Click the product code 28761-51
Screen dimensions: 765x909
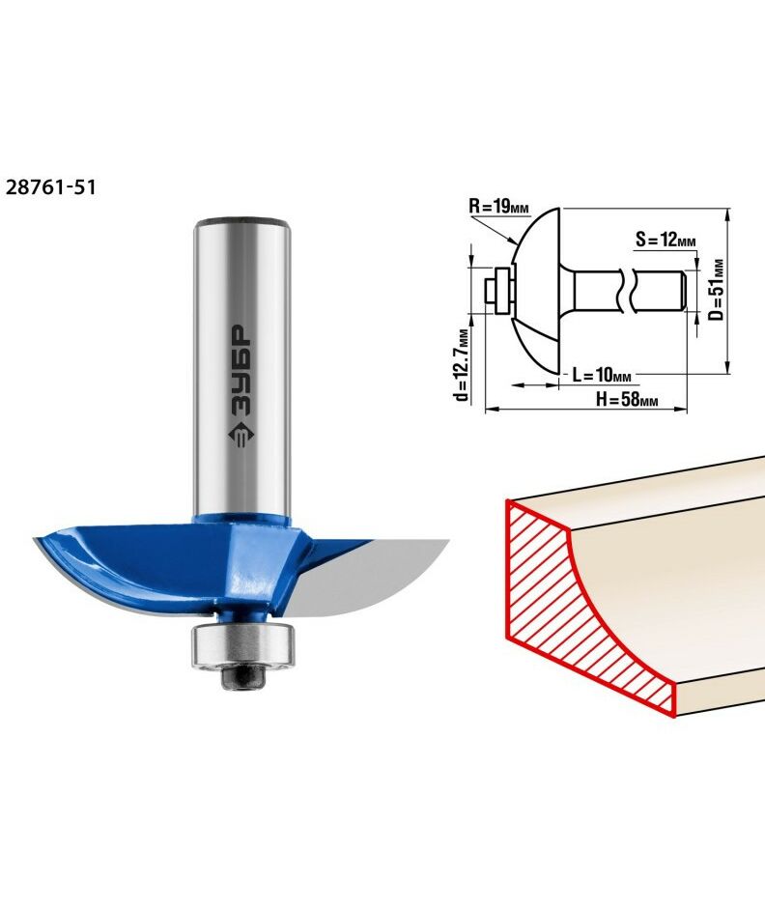tap(50, 187)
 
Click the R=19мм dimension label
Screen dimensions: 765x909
tap(498, 207)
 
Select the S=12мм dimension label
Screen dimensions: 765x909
tap(666, 239)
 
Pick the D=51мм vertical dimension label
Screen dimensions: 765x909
tap(718, 289)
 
